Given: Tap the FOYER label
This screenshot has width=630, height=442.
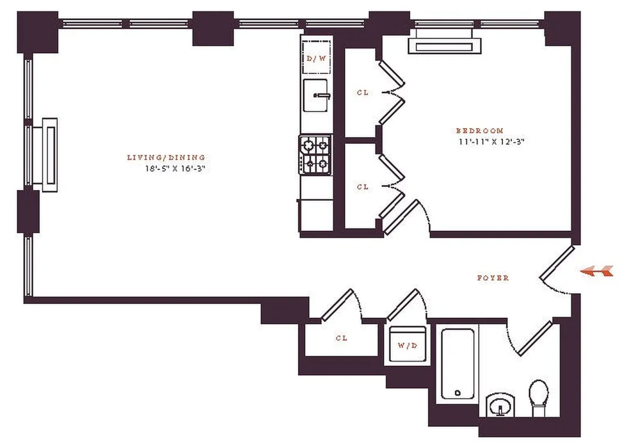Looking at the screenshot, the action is pyautogui.click(x=493, y=278).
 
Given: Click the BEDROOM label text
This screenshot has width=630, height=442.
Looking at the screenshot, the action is pyautogui.click(x=480, y=131).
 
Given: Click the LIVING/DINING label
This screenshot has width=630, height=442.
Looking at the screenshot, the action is pyautogui.click(x=166, y=158).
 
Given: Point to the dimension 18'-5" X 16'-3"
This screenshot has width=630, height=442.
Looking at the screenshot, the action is pyautogui.click(x=175, y=169).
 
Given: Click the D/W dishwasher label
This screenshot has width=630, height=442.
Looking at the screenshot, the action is pyautogui.click(x=316, y=59).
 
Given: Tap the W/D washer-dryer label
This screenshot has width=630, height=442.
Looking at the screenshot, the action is pyautogui.click(x=407, y=345).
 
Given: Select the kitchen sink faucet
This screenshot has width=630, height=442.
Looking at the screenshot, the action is pyautogui.click(x=322, y=96).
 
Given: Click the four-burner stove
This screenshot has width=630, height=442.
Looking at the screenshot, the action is pyautogui.click(x=315, y=155).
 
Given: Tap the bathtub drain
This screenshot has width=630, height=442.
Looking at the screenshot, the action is pyautogui.click(x=458, y=393).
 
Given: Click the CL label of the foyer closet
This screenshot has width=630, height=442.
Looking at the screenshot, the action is pyautogui.click(x=342, y=338).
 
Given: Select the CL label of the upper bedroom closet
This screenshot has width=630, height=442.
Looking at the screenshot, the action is pyautogui.click(x=363, y=93).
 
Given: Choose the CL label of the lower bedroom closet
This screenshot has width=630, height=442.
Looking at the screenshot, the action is pyautogui.click(x=363, y=187).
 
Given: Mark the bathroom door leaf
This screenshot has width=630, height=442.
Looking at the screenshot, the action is pyautogui.click(x=535, y=338).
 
